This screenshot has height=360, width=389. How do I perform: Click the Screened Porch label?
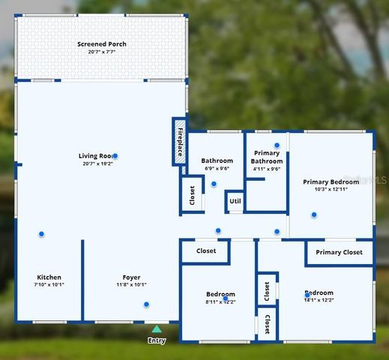[x=102, y=44]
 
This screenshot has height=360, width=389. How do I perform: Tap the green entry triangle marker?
[x=156, y=328]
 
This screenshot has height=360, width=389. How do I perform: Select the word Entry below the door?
[x=156, y=340]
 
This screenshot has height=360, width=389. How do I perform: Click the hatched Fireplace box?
[x=181, y=141]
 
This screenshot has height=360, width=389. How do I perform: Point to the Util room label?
[x=235, y=201]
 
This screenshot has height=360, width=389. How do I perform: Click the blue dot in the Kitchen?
[x=41, y=234]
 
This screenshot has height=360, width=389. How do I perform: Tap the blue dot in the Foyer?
[x=146, y=304]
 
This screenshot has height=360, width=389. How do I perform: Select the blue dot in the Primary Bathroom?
[x=277, y=145]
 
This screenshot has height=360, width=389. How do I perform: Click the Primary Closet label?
[x=339, y=253]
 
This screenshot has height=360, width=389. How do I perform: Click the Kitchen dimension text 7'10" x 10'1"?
[x=49, y=285]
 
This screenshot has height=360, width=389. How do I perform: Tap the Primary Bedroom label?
[x=331, y=181]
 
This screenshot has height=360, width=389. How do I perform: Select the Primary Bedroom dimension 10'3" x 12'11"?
[x=331, y=190]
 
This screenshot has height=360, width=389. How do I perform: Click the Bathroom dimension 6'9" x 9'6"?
[x=216, y=169]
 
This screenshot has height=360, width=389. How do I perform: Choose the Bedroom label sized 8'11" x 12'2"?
[x=220, y=294]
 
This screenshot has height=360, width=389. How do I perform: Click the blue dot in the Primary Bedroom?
[x=314, y=214]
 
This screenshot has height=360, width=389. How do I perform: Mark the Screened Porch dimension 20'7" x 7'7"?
[x=102, y=52]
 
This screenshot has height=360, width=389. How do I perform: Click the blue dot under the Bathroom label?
[x=214, y=184]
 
